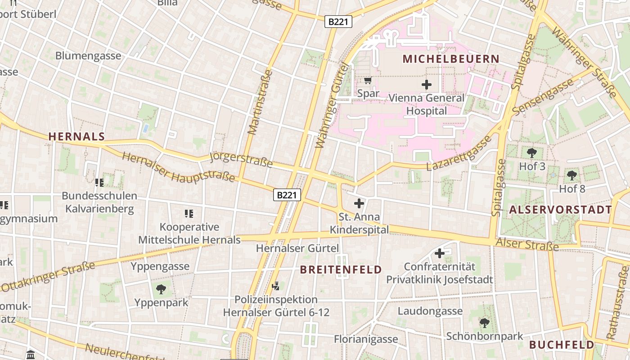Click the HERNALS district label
click(x=76, y=137)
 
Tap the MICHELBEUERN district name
click(x=451, y=59)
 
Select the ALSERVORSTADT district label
click(x=560, y=210)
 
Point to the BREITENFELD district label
click(x=341, y=270)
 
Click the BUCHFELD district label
click(x=561, y=345)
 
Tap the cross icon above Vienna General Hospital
click(x=426, y=84)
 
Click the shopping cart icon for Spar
click(x=368, y=81)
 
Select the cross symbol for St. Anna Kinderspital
click(x=359, y=203)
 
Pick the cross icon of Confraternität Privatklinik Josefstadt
click(x=439, y=253)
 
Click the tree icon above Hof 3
click(x=531, y=153)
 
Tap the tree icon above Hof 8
click(x=571, y=175)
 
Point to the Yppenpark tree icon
click(x=161, y=289)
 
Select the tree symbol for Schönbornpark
click(x=484, y=323)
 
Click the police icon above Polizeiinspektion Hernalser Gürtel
click(x=276, y=286)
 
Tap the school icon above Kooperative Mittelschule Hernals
click(x=189, y=213)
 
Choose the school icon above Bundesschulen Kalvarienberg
click(x=99, y=182)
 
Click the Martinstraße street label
click(x=260, y=102)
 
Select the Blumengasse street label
click(x=88, y=56)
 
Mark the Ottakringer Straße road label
click(x=49, y=275)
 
